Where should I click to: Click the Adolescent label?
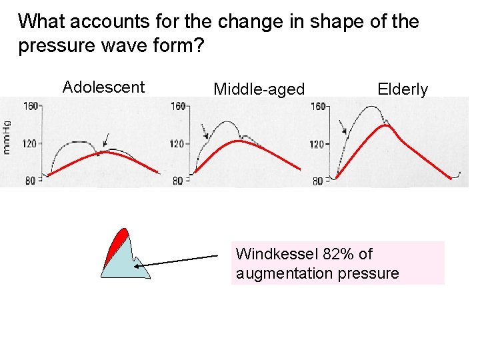pyautogui.click(x=103, y=87)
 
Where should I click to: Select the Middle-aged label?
pyautogui.click(x=259, y=89)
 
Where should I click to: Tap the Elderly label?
pyautogui.click(x=403, y=89)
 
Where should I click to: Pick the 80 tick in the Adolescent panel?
pyautogui.click(x=30, y=181)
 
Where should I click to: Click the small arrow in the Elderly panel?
pyautogui.click(x=343, y=126)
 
